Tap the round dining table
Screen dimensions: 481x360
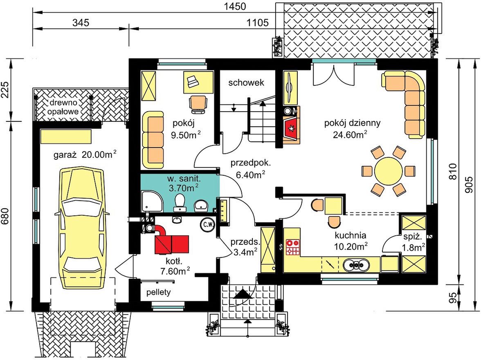pyautogui.click(x=389, y=171)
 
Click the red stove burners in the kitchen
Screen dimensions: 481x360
pyautogui.click(x=293, y=247)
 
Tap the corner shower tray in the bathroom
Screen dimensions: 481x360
pyautogui.click(x=152, y=201)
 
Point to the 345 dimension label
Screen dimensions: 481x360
pyautogui.click(x=81, y=22)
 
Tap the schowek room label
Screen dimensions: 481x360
pyautogui.click(x=246, y=83)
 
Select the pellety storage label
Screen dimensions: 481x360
pyautogui.click(x=158, y=292)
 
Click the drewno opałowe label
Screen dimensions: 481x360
pyautogui.click(x=63, y=107)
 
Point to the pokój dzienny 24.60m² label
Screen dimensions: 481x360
pyautogui.click(x=352, y=129)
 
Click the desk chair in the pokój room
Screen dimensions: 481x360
pyautogui.click(x=198, y=104)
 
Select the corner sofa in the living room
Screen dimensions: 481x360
pyautogui.click(x=404, y=104)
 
